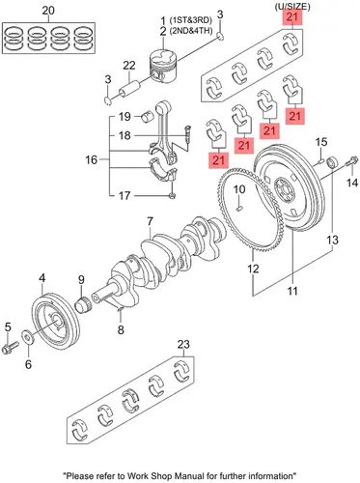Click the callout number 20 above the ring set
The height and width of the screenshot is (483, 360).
[x=48, y=11]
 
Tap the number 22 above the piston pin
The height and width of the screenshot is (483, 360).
[x=129, y=66]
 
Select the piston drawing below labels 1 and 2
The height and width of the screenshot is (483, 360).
[x=163, y=68]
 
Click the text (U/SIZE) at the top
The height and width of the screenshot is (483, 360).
[x=292, y=7]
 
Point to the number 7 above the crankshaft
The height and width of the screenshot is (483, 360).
[x=151, y=221]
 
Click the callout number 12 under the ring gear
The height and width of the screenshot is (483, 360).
[x=253, y=269]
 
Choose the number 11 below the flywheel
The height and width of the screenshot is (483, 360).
[x=292, y=291]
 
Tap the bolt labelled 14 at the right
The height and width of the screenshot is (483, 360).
[x=350, y=161]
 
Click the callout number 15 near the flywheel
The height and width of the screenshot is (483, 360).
[x=320, y=142]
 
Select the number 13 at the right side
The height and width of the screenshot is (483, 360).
[x=333, y=240]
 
